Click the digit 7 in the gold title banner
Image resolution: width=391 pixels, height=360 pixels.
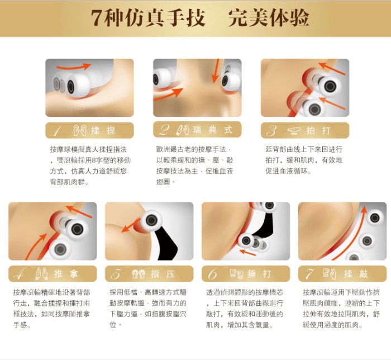pyautogui.click(x=97, y=18)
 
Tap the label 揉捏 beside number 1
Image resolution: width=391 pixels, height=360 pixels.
pyautogui.click(x=103, y=130)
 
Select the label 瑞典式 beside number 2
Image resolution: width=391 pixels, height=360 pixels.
pyautogui.click(x=212, y=130)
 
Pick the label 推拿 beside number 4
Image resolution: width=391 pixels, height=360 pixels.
pyautogui.click(x=66, y=274)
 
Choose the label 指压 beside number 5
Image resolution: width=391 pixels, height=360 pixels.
pyautogui.click(x=163, y=274)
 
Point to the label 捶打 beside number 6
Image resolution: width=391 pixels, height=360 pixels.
pyautogui.click(x=259, y=274)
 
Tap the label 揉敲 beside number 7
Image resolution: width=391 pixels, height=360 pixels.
pyautogui.click(x=356, y=274)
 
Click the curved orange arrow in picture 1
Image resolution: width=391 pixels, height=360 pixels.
pyautogui.click(x=74, y=67)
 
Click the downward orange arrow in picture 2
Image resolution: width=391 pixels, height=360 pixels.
pyautogui.click(x=215, y=71)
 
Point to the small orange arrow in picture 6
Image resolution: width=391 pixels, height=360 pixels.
pyautogui.click(x=247, y=252)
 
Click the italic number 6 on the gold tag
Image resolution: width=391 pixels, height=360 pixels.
pyautogui.click(x=212, y=274)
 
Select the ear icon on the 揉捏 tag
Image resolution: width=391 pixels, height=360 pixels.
pyautogui.click(x=80, y=130)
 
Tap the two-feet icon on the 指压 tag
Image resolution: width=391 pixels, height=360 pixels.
pyautogui.click(x=138, y=274)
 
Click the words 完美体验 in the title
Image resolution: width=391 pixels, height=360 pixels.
pyautogui.click(x=269, y=18)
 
